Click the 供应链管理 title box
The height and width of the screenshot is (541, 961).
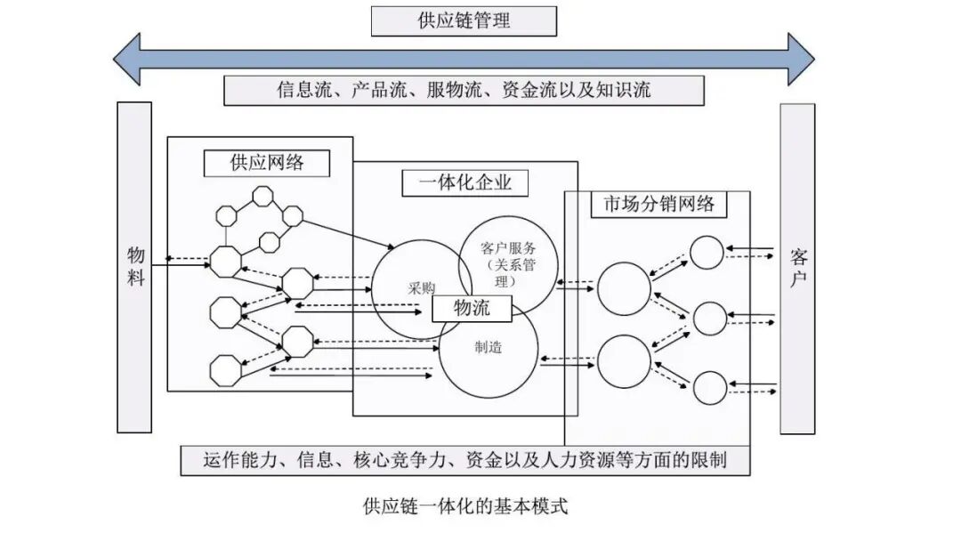[464, 21]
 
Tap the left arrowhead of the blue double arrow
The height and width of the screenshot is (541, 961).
[127, 59]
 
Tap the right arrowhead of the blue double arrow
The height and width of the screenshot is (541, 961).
[801, 59]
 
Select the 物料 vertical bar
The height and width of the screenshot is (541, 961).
[134, 267]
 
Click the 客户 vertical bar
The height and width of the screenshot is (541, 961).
[797, 269]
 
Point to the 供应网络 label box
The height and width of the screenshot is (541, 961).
[267, 163]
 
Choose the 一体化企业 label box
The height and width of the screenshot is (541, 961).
[464, 183]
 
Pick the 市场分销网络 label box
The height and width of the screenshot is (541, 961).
[658, 204]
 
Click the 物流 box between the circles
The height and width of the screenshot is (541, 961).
[472, 308]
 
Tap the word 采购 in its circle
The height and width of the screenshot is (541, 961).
[421, 288]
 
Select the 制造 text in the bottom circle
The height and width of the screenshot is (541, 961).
[489, 347]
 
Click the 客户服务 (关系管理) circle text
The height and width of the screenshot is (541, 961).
[508, 264]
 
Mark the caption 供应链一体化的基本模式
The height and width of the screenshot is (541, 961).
[465, 506]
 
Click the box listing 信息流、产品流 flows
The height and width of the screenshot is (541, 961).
[464, 91]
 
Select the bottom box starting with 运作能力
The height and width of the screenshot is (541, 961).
[465, 461]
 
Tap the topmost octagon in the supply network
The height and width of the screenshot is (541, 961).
[262, 197]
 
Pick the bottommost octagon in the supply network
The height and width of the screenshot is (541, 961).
[225, 371]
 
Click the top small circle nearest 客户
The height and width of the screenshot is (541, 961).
[707, 253]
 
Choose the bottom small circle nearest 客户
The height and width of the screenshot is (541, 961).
[710, 388]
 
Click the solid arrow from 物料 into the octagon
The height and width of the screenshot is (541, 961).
[181, 265]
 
